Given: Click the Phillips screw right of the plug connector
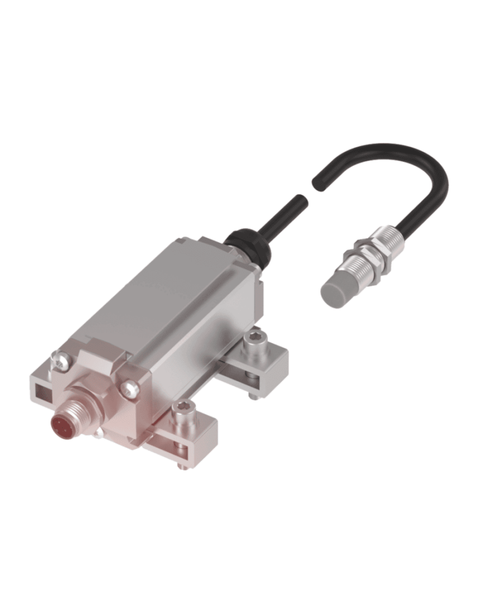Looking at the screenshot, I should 131,389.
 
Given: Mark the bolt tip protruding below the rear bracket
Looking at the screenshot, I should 253,394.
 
